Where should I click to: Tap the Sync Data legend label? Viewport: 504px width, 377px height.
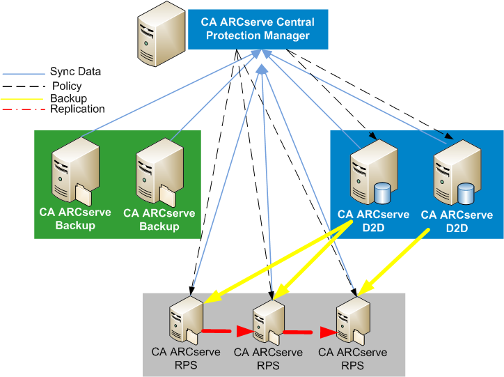tap(75, 72)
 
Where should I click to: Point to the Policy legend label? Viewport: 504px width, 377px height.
tap(67, 86)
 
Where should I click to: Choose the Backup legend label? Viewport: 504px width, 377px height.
tap(68, 98)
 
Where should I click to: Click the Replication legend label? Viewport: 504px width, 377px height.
tap(77, 109)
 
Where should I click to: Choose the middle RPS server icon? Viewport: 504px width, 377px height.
tap(267, 322)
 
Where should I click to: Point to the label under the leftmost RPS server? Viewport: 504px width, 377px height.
tap(187, 357)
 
